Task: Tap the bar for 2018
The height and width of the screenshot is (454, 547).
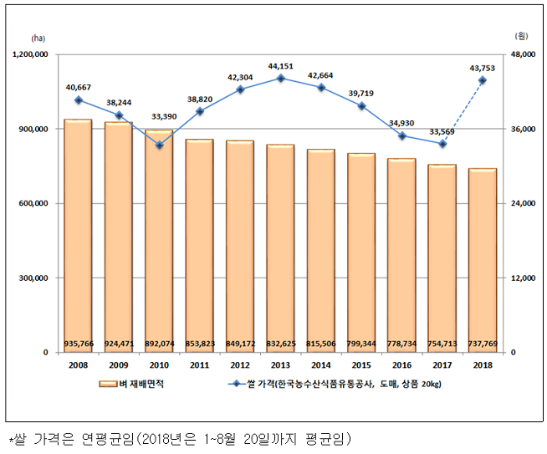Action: click(483, 260)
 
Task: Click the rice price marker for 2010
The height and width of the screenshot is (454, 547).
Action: click(159, 145)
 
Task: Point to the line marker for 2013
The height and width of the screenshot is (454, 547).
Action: click(280, 79)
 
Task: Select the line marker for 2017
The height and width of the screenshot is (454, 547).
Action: click(442, 144)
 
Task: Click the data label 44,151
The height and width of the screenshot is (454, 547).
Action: click(280, 65)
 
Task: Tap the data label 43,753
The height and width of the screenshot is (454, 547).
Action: click(483, 68)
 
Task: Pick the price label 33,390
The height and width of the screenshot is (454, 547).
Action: click(159, 117)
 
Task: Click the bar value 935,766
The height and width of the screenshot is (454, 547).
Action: click(78, 344)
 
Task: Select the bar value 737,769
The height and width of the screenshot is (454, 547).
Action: click(483, 344)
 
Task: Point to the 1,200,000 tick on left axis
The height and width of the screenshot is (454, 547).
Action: click(31, 55)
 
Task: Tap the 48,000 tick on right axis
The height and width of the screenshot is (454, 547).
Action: click(521, 55)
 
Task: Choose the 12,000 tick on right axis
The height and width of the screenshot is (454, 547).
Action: click(521, 278)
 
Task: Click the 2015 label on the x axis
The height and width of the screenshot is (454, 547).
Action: click(361, 365)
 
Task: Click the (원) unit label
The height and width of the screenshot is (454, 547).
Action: click(521, 38)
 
